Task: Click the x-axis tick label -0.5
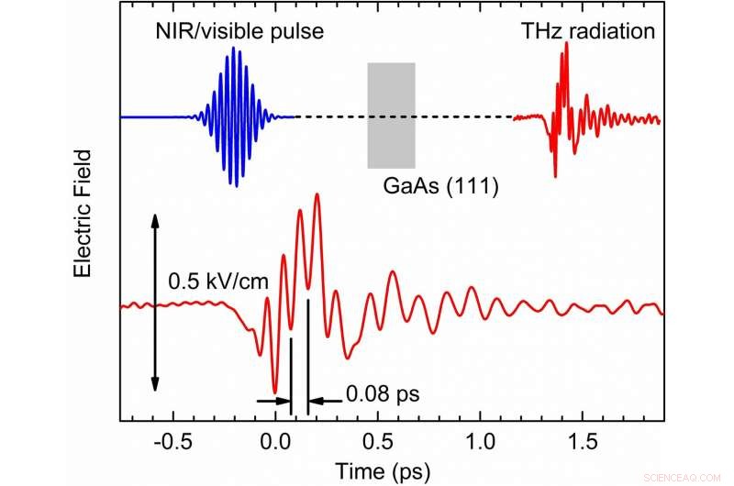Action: click(172, 441)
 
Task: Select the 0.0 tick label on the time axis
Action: click(274, 441)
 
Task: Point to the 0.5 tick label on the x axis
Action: click(376, 441)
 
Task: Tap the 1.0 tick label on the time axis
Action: click(478, 441)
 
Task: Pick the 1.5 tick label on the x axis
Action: click(580, 441)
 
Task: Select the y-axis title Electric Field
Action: click(83, 212)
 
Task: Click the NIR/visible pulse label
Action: click(240, 32)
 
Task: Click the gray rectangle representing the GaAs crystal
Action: click(391, 116)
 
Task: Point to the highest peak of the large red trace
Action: click(317, 194)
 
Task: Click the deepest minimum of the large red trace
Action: click(274, 392)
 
